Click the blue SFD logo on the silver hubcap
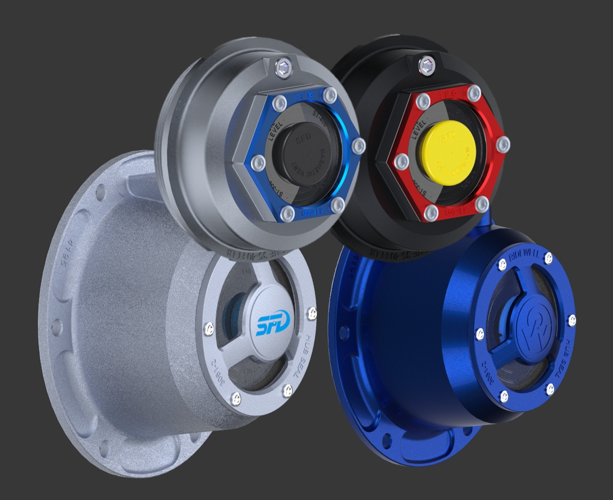[273, 325]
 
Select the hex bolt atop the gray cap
[283, 67]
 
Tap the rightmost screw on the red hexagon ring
[503, 144]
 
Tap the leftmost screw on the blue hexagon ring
[257, 163]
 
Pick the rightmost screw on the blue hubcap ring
[572, 320]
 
